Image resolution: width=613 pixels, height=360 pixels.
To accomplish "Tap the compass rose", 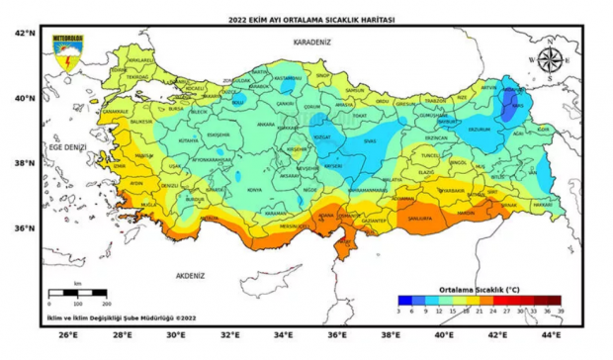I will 550,58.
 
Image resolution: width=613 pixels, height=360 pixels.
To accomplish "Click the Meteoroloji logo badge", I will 69,53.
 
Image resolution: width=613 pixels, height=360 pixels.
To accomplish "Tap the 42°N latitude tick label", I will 25,33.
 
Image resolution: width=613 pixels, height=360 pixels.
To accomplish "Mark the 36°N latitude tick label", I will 25,227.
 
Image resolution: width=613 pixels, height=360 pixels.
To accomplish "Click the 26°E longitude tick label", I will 67,336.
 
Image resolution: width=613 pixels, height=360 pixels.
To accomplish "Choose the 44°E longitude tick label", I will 551,336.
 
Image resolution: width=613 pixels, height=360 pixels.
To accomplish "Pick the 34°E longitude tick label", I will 283,336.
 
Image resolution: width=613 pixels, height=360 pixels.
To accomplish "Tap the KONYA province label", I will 255,189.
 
